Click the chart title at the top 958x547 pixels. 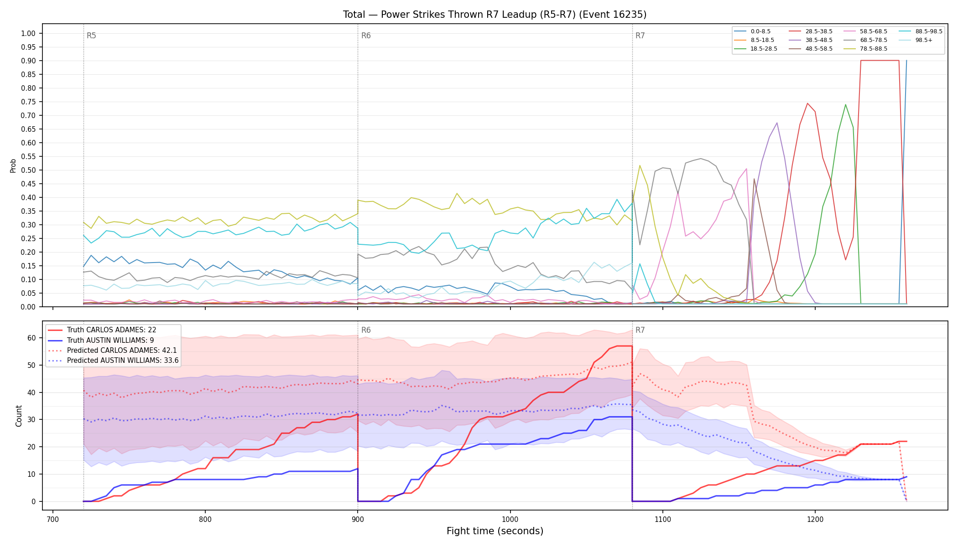click(x=495, y=15)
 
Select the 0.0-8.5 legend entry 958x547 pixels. click(x=752, y=31)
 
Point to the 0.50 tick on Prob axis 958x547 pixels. click(x=28, y=170)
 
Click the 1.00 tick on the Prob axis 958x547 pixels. click(x=28, y=33)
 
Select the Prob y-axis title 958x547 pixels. click(x=13, y=165)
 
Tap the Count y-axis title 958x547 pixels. click(x=19, y=416)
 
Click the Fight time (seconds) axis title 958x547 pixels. click(x=495, y=531)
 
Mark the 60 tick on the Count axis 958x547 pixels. click(x=31, y=338)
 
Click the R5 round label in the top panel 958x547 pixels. click(x=91, y=36)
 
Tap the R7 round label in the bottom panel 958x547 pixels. click(x=640, y=330)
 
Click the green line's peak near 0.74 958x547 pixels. click(x=845, y=104)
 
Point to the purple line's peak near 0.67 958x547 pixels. click(x=777, y=123)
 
